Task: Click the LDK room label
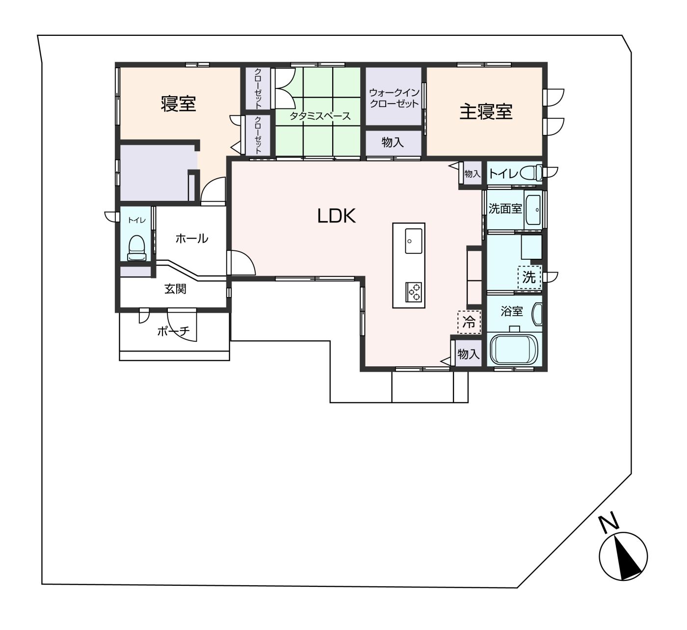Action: [x=336, y=216]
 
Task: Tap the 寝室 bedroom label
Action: [x=178, y=104]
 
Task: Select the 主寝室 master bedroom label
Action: [x=485, y=111]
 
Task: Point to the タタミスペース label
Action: [x=320, y=116]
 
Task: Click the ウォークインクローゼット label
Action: [x=394, y=98]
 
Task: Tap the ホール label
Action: [x=191, y=239]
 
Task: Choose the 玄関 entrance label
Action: [x=175, y=289]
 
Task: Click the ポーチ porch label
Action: [x=173, y=331]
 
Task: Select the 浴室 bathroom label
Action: [x=511, y=311]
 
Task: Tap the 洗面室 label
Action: [x=505, y=209]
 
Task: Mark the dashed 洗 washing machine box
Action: [x=528, y=277]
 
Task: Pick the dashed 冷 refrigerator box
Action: [x=469, y=322]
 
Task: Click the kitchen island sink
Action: [x=413, y=241]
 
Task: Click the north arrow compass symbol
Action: [x=623, y=556]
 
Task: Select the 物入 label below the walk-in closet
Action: [x=393, y=142]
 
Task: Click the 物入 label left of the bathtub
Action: [x=468, y=354]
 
